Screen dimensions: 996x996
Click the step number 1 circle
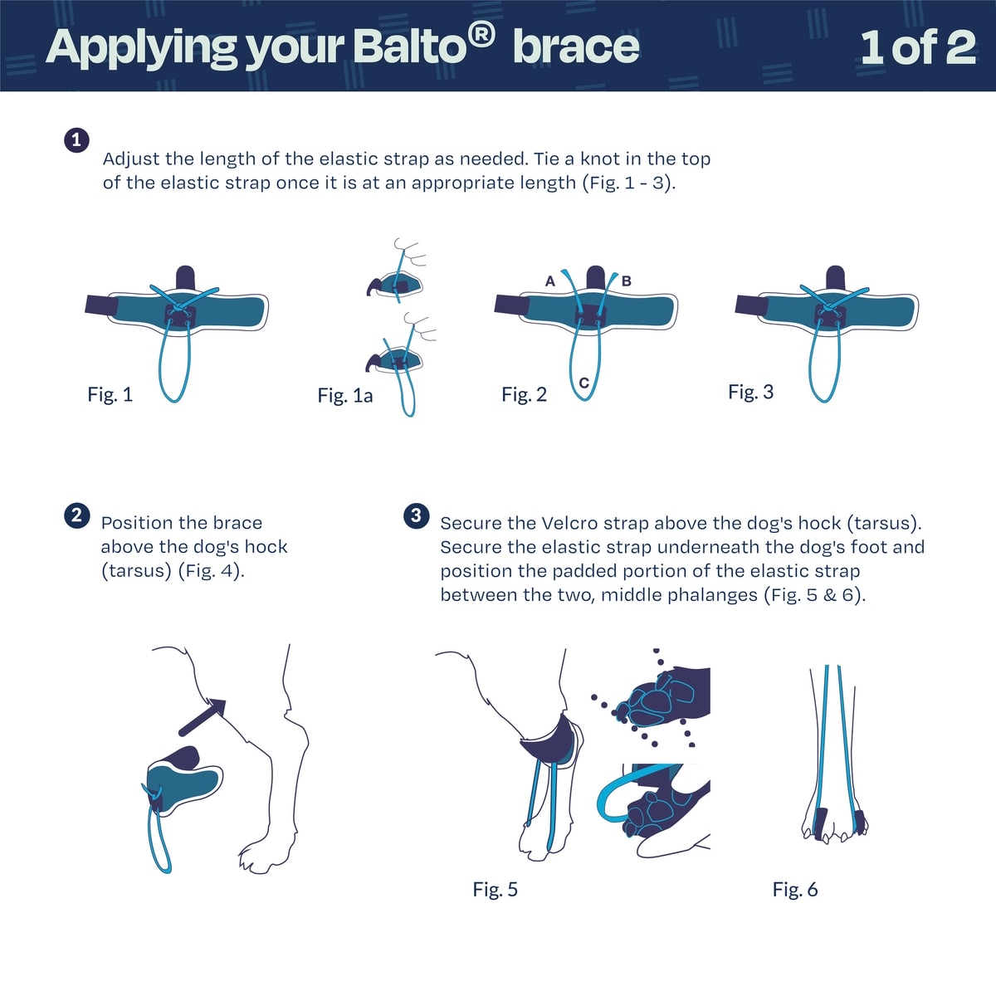coord(76,140)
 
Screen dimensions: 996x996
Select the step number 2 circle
coord(76,515)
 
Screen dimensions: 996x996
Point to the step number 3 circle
coord(416,515)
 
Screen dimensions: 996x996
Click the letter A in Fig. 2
coord(550,281)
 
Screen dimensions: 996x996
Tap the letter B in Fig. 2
coord(627,281)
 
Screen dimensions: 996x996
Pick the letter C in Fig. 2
coord(584,383)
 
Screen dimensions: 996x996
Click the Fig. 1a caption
coord(344,396)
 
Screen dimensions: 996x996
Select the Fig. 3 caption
coord(750,392)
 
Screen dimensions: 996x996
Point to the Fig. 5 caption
coord(496,889)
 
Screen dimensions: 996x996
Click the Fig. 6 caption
coord(795,889)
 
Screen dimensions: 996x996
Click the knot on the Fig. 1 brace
coord(178,306)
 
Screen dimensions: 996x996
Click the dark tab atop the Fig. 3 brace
coord(835,278)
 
